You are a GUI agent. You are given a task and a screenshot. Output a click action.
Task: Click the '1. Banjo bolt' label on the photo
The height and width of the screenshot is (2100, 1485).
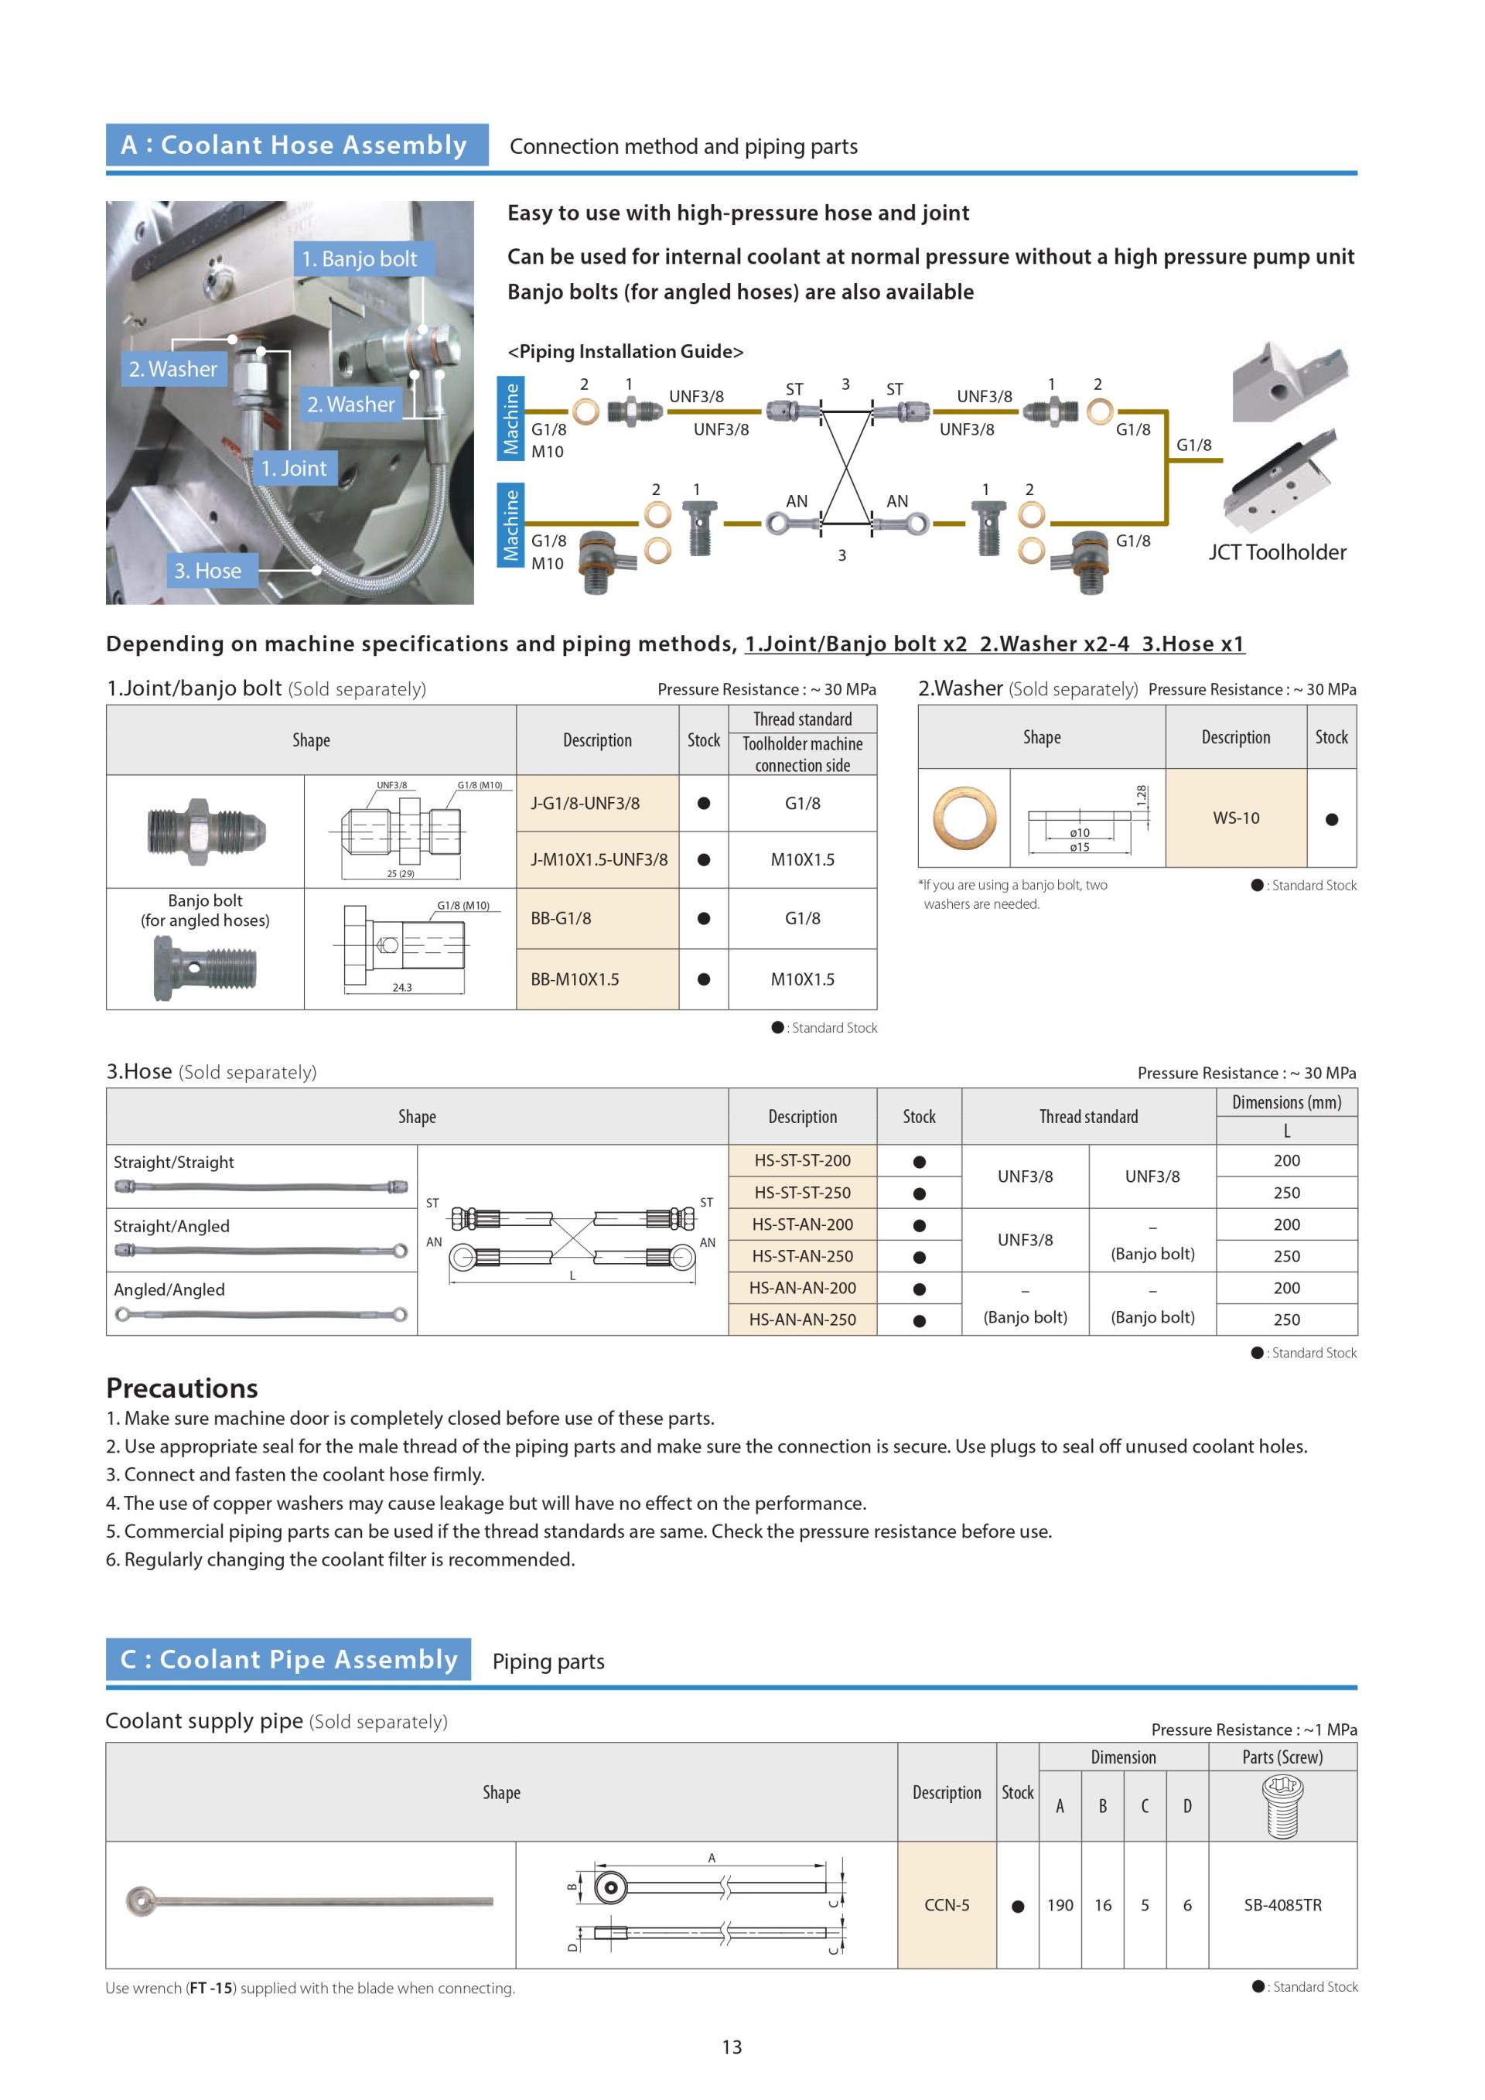point(360,259)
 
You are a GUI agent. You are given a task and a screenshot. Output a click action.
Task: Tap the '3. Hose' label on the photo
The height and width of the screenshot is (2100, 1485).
point(207,571)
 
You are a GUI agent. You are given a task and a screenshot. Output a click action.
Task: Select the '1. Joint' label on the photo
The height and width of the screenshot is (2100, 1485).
point(294,468)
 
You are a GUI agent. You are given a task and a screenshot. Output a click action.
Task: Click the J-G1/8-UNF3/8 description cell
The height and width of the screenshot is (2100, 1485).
point(597,803)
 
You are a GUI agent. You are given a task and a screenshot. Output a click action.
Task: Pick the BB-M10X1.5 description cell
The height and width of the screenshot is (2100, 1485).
point(597,978)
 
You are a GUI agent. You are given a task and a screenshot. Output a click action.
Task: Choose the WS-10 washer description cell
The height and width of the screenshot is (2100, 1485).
point(1235,818)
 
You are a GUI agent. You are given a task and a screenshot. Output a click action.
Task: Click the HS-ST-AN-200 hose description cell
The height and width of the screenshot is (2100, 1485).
point(802,1224)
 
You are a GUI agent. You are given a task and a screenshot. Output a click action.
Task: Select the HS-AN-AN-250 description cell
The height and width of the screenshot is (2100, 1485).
point(802,1319)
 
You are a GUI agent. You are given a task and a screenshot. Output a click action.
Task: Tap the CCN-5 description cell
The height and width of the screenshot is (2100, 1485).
point(947,1904)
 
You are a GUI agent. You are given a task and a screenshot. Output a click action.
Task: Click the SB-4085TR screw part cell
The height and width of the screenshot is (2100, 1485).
point(1282,1904)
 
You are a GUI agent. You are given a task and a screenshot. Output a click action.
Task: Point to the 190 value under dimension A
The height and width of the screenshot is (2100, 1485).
point(1060,1904)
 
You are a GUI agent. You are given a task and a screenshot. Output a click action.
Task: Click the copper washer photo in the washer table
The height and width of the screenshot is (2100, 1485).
point(964,818)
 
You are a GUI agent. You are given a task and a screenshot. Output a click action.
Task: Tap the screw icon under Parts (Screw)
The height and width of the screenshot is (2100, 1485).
point(1282,1805)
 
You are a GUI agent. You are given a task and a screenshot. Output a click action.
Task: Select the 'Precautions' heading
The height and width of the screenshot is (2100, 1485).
point(182,1388)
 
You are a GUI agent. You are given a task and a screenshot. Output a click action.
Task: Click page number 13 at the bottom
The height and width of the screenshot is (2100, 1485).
point(732,2047)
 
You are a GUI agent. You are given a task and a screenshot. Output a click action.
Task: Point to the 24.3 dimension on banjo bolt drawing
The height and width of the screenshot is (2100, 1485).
point(401,988)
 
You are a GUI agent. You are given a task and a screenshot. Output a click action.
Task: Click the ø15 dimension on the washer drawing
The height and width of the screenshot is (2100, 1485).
point(1080,847)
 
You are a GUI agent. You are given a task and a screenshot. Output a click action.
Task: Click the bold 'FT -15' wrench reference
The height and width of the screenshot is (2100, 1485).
point(210,1988)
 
